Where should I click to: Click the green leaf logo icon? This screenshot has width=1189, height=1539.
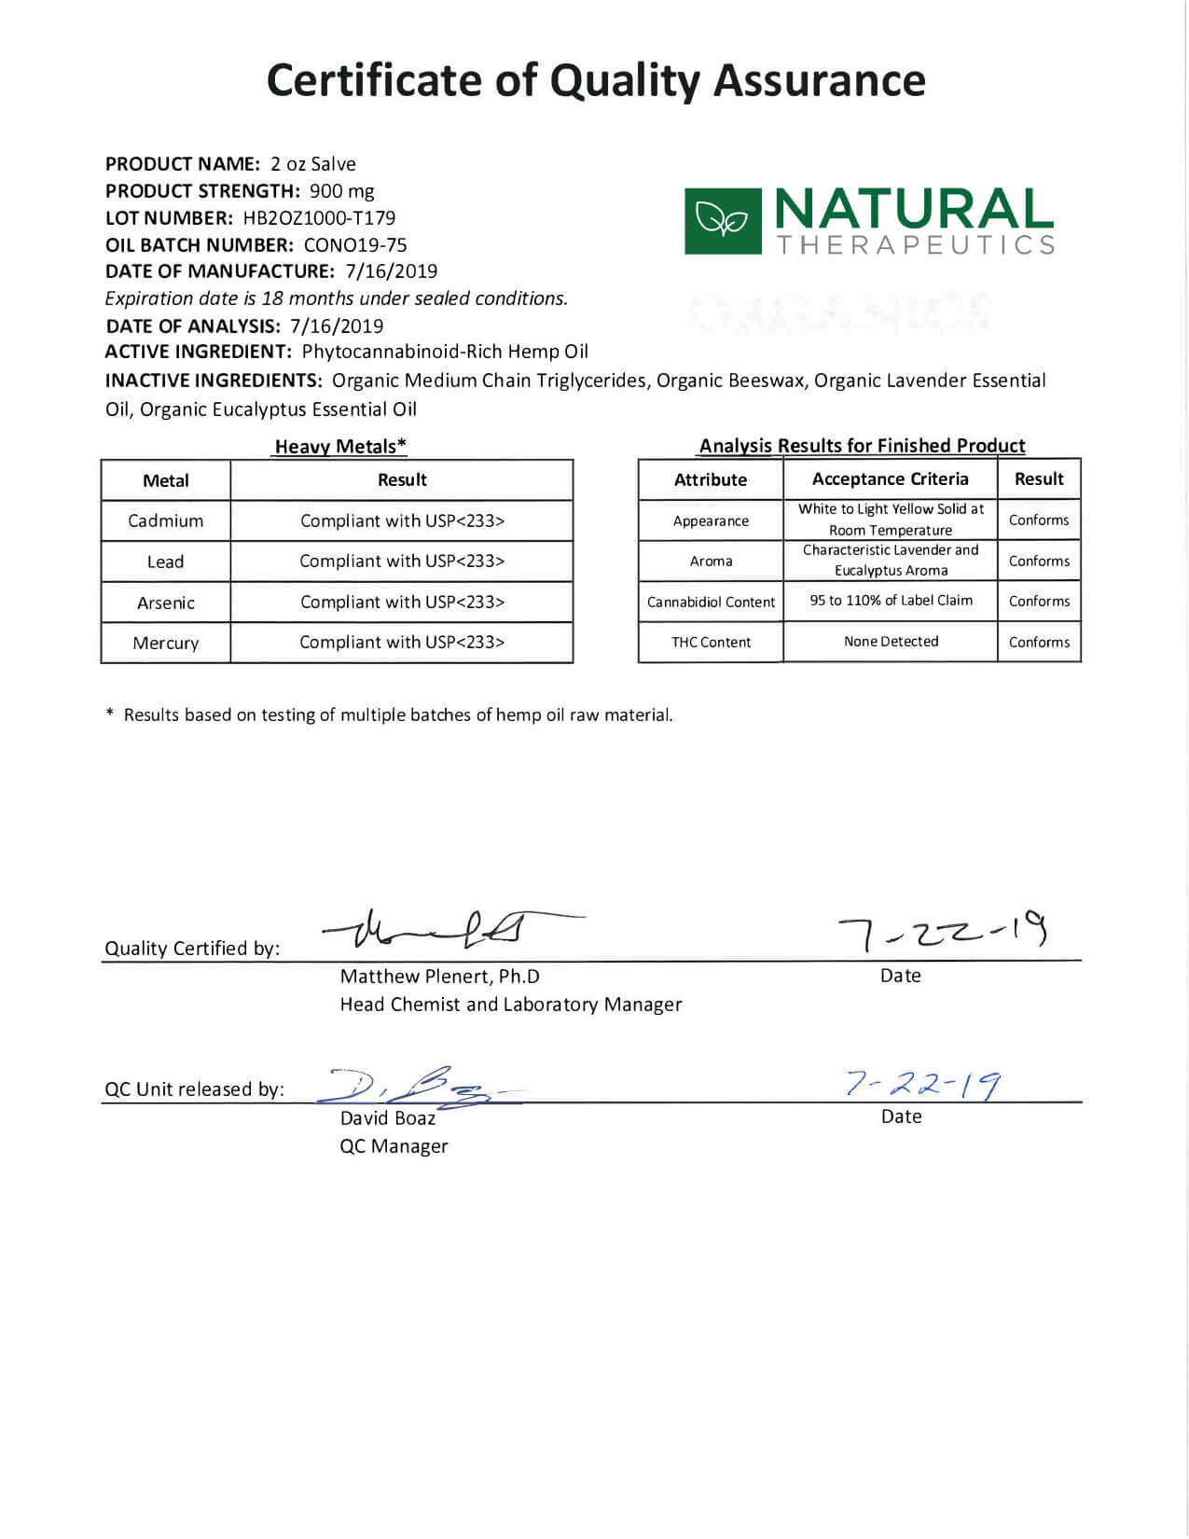coord(723,221)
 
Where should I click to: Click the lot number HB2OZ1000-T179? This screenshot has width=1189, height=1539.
coord(319,218)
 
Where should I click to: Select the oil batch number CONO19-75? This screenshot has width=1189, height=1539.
coord(355,245)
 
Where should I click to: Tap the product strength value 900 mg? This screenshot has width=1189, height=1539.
coord(341,191)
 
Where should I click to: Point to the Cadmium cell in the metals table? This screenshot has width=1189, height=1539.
coord(165,520)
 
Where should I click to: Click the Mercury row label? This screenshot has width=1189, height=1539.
coord(165,643)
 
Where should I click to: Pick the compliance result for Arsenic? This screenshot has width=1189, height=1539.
coord(402,602)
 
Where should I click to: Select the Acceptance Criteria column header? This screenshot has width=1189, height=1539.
coord(890,479)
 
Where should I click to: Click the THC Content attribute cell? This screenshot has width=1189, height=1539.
coord(711,642)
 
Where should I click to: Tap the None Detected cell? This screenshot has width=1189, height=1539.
coord(891,642)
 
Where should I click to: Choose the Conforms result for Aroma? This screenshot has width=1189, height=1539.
coord(1039,561)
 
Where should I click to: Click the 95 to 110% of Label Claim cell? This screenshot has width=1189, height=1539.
coord(891,601)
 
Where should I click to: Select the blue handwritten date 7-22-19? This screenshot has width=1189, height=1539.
coord(923,1084)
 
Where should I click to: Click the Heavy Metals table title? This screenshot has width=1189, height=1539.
coord(340,447)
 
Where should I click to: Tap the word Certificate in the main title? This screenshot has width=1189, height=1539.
coord(373,80)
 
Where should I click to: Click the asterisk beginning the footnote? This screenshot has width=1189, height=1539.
coord(110,714)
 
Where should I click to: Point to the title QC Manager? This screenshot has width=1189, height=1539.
coord(394,1146)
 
